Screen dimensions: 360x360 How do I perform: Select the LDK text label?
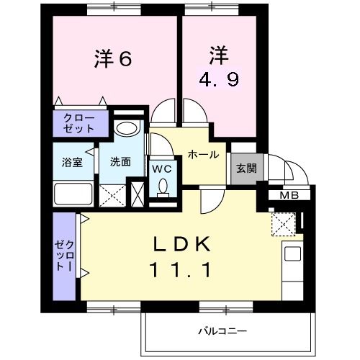click(x=181, y=244)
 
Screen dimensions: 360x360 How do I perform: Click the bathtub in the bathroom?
click(x=73, y=194)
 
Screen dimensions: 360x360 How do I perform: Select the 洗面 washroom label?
click(x=120, y=162)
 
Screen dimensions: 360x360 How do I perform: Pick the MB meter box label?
click(x=289, y=195)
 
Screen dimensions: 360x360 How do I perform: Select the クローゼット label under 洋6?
click(x=78, y=123)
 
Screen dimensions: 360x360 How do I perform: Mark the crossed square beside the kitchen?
click(x=283, y=223)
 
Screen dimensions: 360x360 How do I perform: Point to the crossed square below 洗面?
click(x=112, y=194)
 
